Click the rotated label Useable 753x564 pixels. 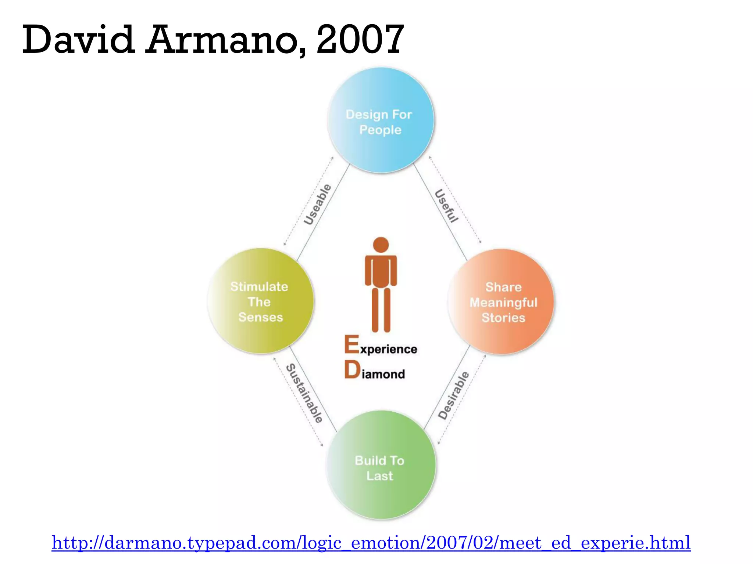pyautogui.click(x=317, y=205)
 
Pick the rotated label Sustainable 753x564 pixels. pyautogui.click(x=304, y=393)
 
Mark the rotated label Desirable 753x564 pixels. pyautogui.click(x=454, y=395)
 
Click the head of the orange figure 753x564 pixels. pyautogui.click(x=381, y=245)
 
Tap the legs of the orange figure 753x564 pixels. pyautogui.click(x=381, y=310)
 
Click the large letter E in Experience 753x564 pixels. pyautogui.click(x=351, y=344)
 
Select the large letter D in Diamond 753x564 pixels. pyautogui.click(x=352, y=369)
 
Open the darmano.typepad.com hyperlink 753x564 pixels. pyautogui.click(x=371, y=543)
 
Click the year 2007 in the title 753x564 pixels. pyautogui.click(x=360, y=39)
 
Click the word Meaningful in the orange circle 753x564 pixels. pyautogui.click(x=503, y=303)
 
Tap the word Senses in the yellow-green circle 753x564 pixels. pyautogui.click(x=261, y=317)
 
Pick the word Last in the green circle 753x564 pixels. pyautogui.click(x=380, y=476)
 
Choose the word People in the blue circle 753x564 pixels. pyautogui.click(x=380, y=130)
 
